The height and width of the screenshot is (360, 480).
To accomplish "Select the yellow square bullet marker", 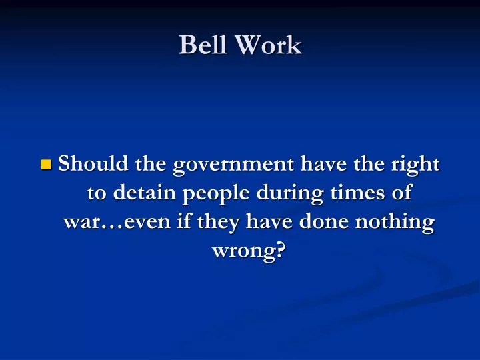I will point(46,165).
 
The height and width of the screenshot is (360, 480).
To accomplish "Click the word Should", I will point(94,163).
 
